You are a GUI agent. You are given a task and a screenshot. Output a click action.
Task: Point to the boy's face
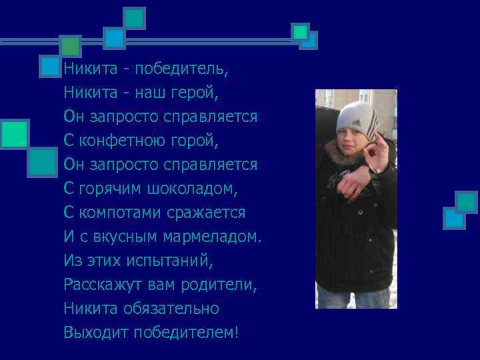[351, 142]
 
